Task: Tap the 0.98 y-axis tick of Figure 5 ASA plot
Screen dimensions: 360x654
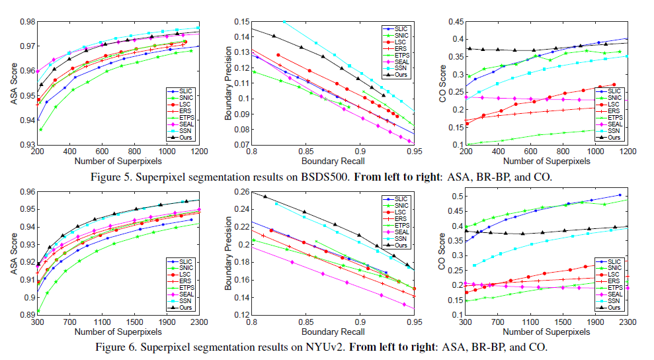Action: click(x=26, y=22)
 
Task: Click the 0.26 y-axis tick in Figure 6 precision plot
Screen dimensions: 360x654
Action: click(x=240, y=192)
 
